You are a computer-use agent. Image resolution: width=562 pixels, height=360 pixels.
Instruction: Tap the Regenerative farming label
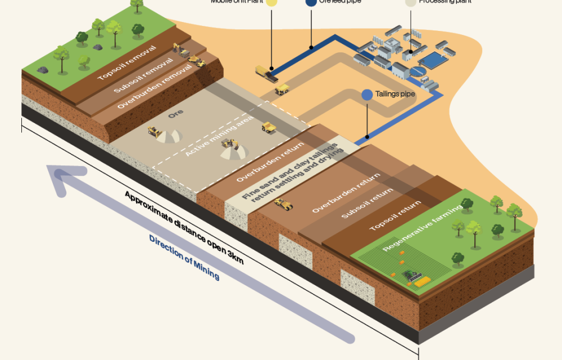422,227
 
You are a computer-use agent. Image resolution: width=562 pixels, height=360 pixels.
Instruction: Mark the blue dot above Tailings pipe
366,94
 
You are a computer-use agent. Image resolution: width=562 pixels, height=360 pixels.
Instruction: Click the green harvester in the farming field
412,275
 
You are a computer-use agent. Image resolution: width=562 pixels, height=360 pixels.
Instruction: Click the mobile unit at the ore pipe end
265,72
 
